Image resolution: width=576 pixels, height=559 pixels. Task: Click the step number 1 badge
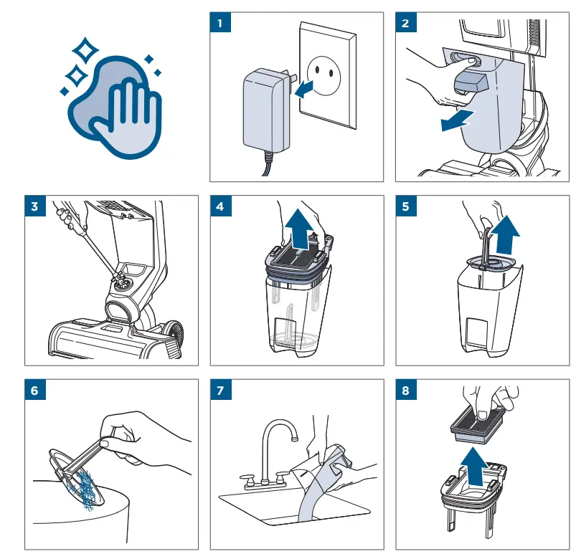coord(219,23)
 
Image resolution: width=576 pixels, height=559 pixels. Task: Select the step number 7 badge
coord(219,391)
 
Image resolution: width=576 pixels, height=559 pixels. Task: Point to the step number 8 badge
coord(405,391)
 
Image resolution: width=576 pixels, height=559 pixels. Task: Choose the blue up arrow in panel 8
coord(476,466)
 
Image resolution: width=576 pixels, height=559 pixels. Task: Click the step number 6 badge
coord(34,391)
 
